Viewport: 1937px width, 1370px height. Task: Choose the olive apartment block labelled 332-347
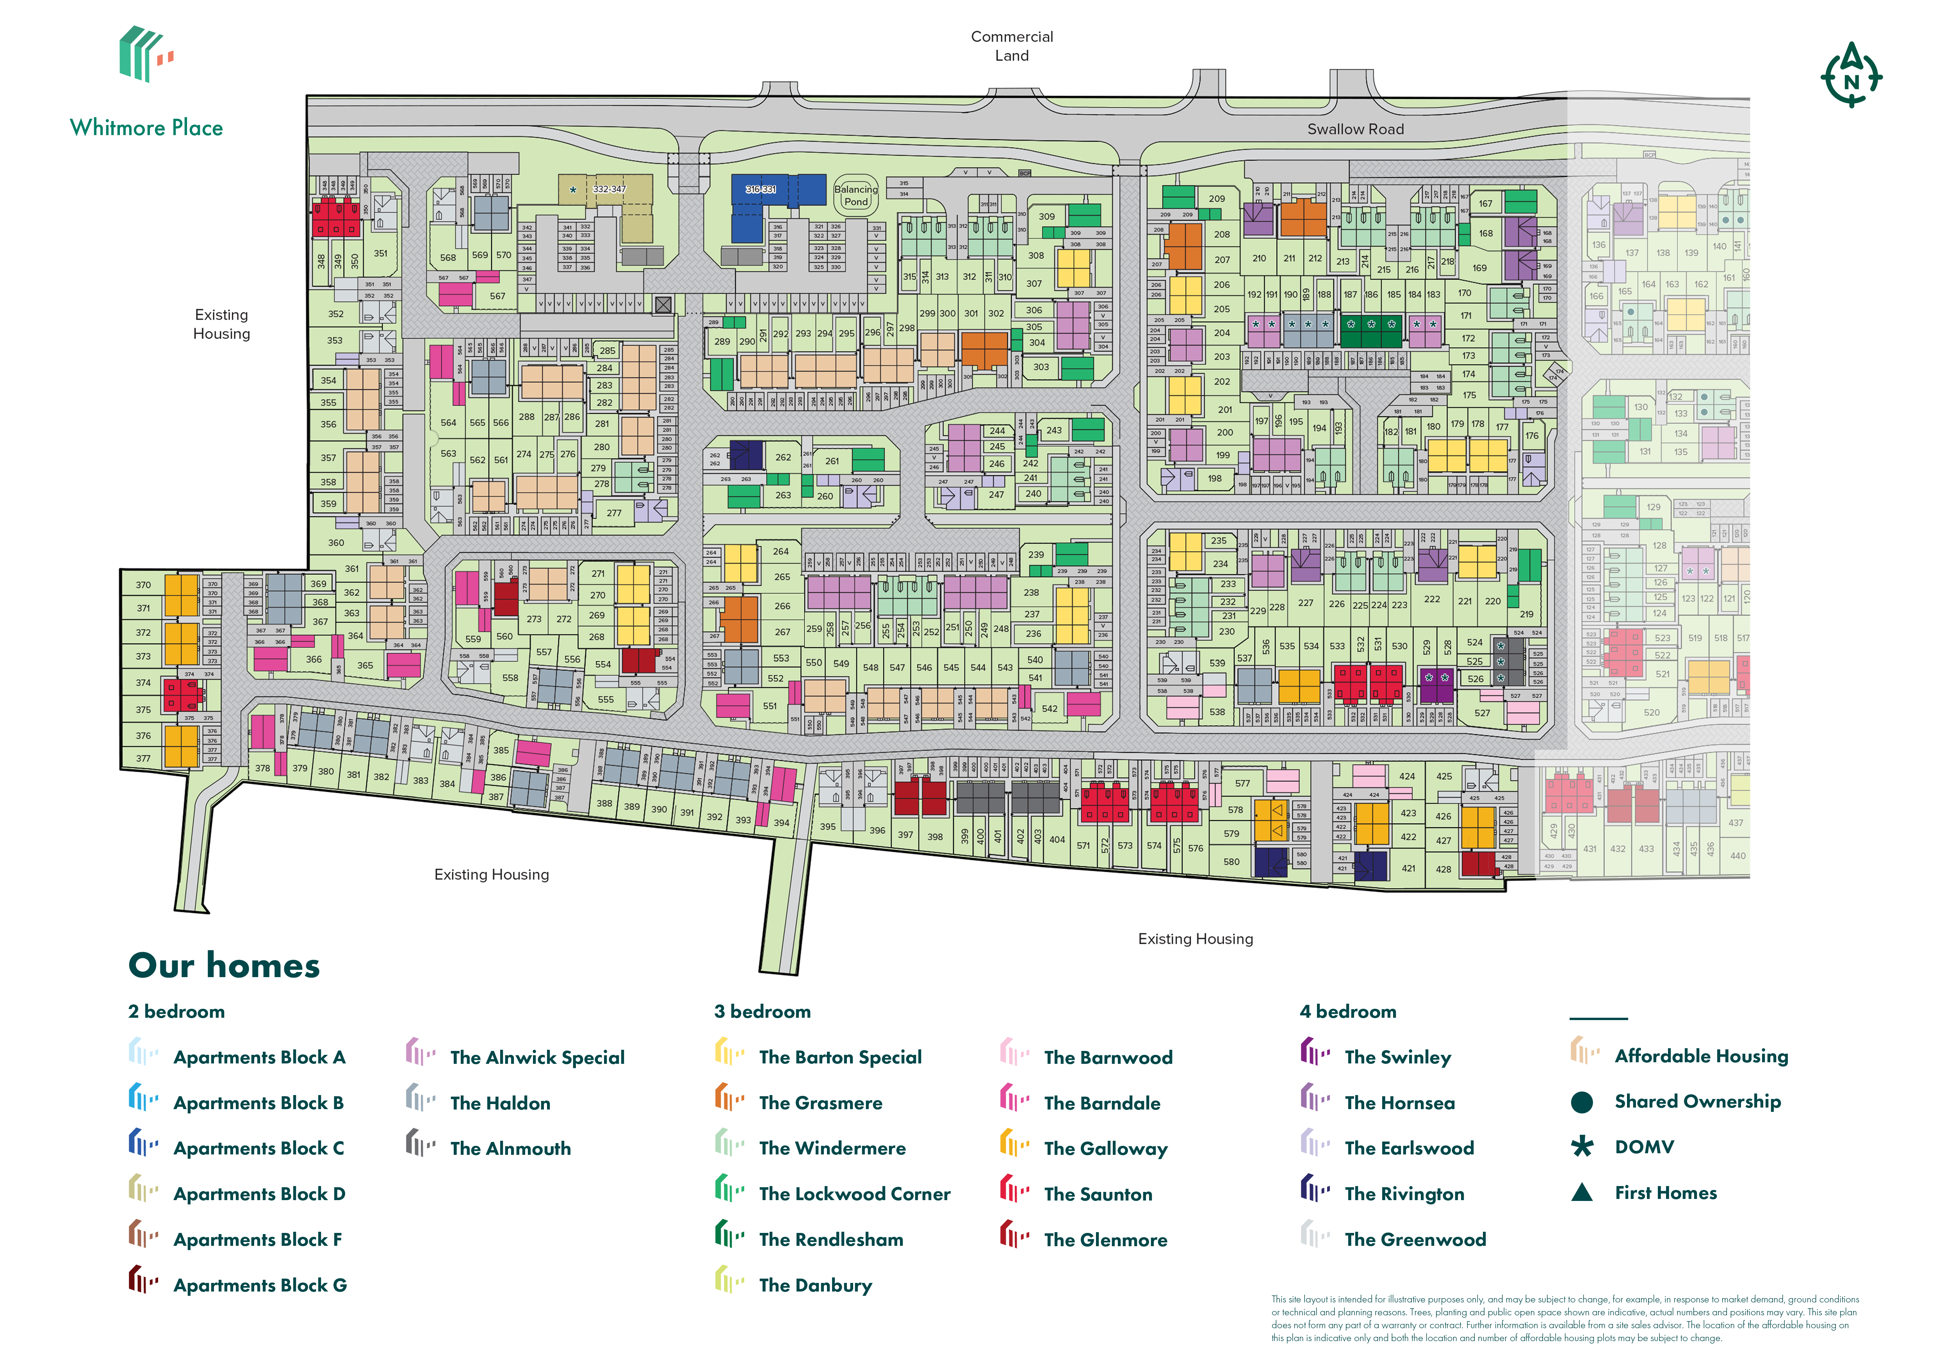pos(609,190)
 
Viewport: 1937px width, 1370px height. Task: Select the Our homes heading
pos(225,966)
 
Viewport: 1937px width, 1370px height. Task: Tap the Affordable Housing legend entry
pos(1701,1056)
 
